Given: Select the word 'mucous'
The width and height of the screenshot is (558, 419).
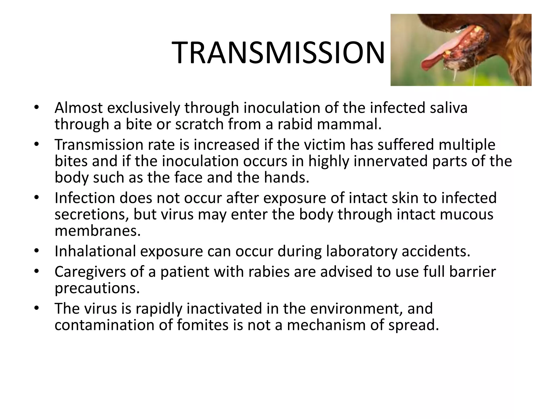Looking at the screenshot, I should coord(466,214).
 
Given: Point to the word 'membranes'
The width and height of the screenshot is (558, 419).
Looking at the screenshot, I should coord(98,231).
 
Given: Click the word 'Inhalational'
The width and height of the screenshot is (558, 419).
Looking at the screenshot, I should coord(95,251).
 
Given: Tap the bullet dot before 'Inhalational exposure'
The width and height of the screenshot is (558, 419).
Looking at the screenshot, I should coord(37,250).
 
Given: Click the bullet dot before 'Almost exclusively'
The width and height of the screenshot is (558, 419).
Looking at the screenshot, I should coord(37,107).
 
